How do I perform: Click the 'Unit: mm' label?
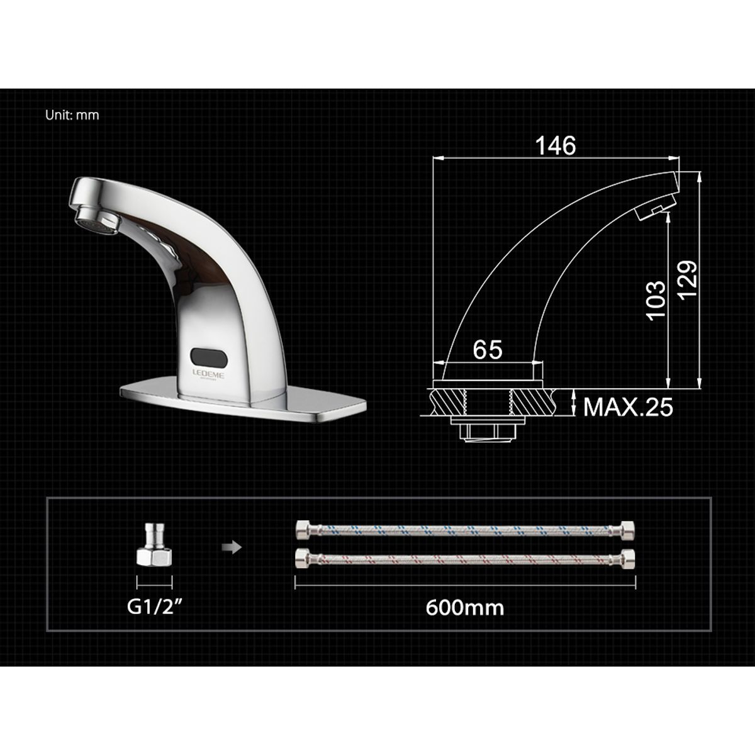click(x=72, y=116)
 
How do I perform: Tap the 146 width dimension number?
click(x=556, y=146)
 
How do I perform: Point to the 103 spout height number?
click(x=656, y=299)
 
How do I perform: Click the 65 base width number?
click(x=488, y=350)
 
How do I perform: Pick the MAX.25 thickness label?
click(x=628, y=407)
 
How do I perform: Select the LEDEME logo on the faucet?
click(x=208, y=375)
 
